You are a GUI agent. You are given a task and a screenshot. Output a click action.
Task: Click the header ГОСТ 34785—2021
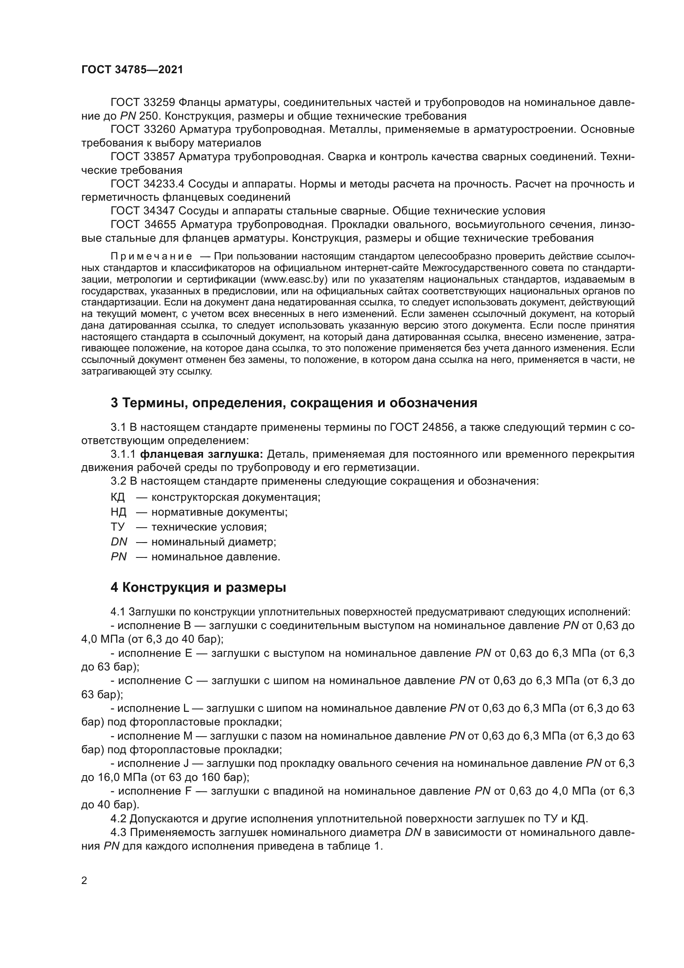(x=132, y=70)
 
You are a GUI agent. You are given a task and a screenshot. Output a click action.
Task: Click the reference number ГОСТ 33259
(x=142, y=103)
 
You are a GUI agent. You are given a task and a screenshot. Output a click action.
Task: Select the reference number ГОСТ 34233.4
(x=147, y=184)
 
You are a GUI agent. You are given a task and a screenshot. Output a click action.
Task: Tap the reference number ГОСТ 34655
(x=142, y=225)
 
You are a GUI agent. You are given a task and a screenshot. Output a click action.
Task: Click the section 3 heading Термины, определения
(x=294, y=403)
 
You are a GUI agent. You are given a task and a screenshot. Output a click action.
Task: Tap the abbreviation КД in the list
(x=118, y=497)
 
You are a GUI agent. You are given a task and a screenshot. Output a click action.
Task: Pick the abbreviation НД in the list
(x=118, y=512)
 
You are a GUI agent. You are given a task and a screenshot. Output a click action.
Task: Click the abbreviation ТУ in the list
(x=117, y=527)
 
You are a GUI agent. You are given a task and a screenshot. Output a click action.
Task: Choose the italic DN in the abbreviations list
(x=119, y=542)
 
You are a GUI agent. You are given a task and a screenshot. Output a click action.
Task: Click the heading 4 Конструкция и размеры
(x=198, y=588)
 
